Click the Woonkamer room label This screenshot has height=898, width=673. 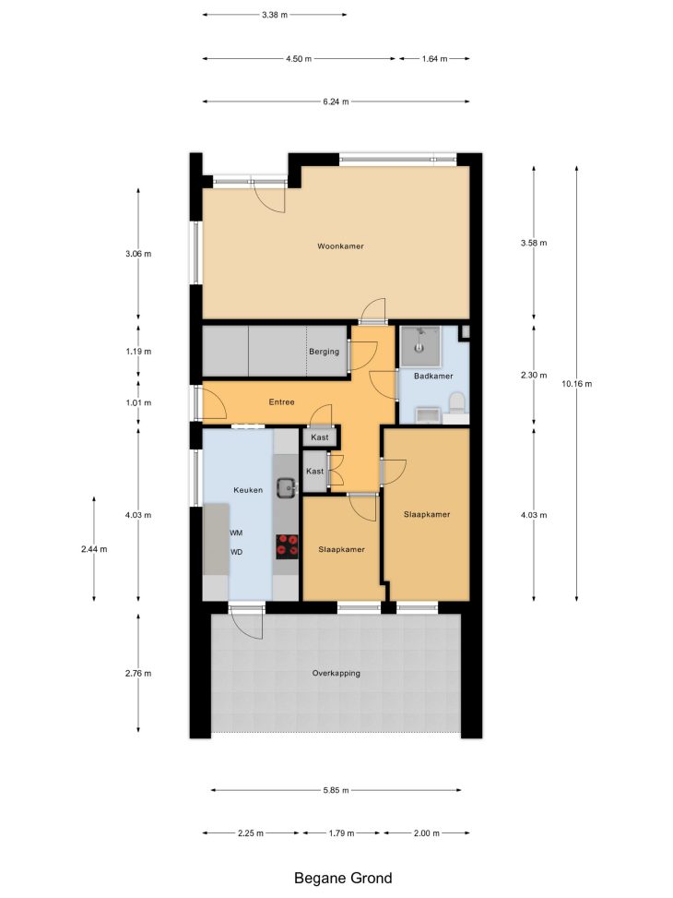pyautogui.click(x=340, y=246)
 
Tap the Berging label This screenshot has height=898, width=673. pyautogui.click(x=324, y=352)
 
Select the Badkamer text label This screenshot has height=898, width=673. pyautogui.click(x=433, y=377)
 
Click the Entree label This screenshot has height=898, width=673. pyautogui.click(x=281, y=402)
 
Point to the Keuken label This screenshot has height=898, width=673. pyautogui.click(x=248, y=490)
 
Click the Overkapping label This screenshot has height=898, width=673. pyautogui.click(x=336, y=674)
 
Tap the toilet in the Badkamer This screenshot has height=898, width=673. pyautogui.click(x=456, y=402)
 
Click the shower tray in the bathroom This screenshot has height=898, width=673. pyautogui.click(x=420, y=346)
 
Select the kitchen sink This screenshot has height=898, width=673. pyautogui.click(x=286, y=487)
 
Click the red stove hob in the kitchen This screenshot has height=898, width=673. pyautogui.click(x=288, y=546)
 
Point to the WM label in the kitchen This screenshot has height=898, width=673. pyautogui.click(x=236, y=533)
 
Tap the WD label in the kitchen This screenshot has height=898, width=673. pyautogui.click(x=236, y=552)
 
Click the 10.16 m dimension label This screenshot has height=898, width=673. pyautogui.click(x=576, y=384)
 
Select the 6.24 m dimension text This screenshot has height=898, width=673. pyautogui.click(x=336, y=102)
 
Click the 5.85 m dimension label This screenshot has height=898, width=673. pyautogui.click(x=336, y=790)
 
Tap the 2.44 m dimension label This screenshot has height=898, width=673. pyautogui.click(x=94, y=549)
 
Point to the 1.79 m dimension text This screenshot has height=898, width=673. pyautogui.click(x=341, y=833)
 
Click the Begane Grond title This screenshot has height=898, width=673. pyautogui.click(x=343, y=878)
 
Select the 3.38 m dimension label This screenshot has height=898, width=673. pyautogui.click(x=275, y=15)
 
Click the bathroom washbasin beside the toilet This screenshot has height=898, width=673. pyautogui.click(x=428, y=415)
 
